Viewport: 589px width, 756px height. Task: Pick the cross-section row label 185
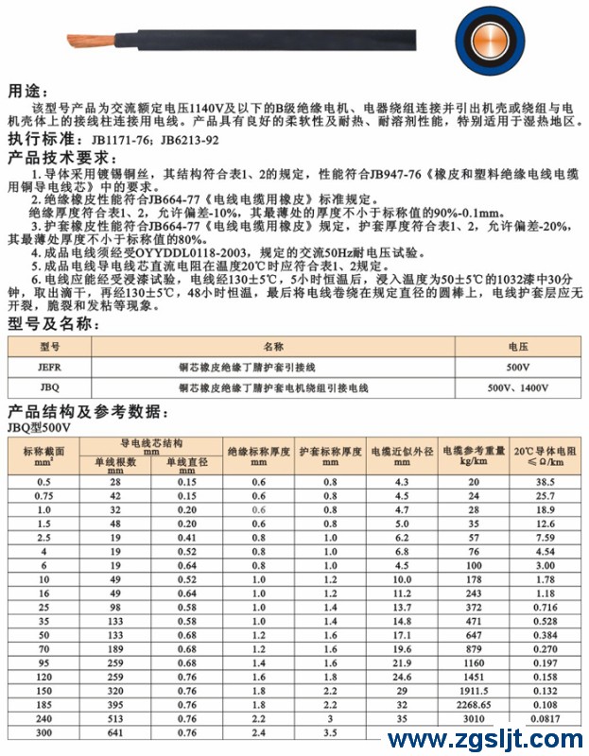43,705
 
